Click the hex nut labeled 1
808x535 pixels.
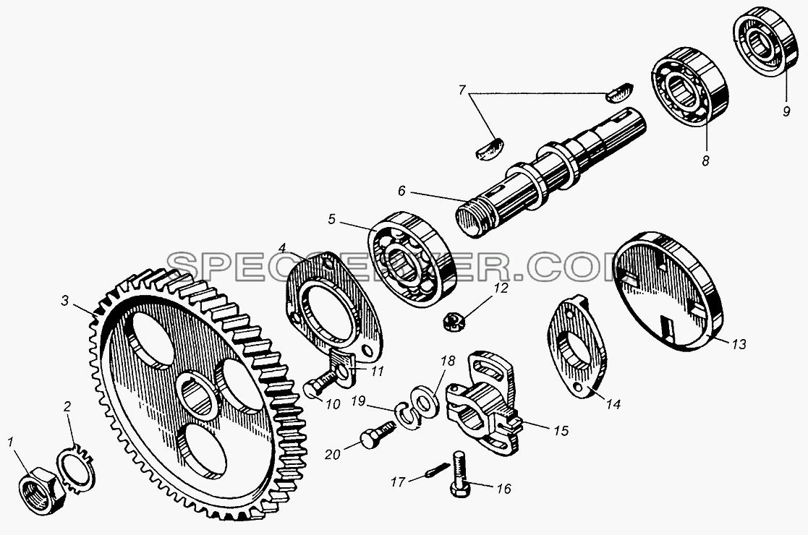tap(42, 489)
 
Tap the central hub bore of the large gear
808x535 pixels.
tap(197, 395)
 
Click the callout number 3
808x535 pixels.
tap(64, 300)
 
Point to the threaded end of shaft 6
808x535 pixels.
tap(471, 219)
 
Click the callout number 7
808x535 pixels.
tap(462, 90)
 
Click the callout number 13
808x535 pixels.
tap(739, 344)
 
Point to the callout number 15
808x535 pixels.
tap(561, 430)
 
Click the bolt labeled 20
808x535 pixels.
tap(378, 432)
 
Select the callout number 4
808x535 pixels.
tap(281, 248)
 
